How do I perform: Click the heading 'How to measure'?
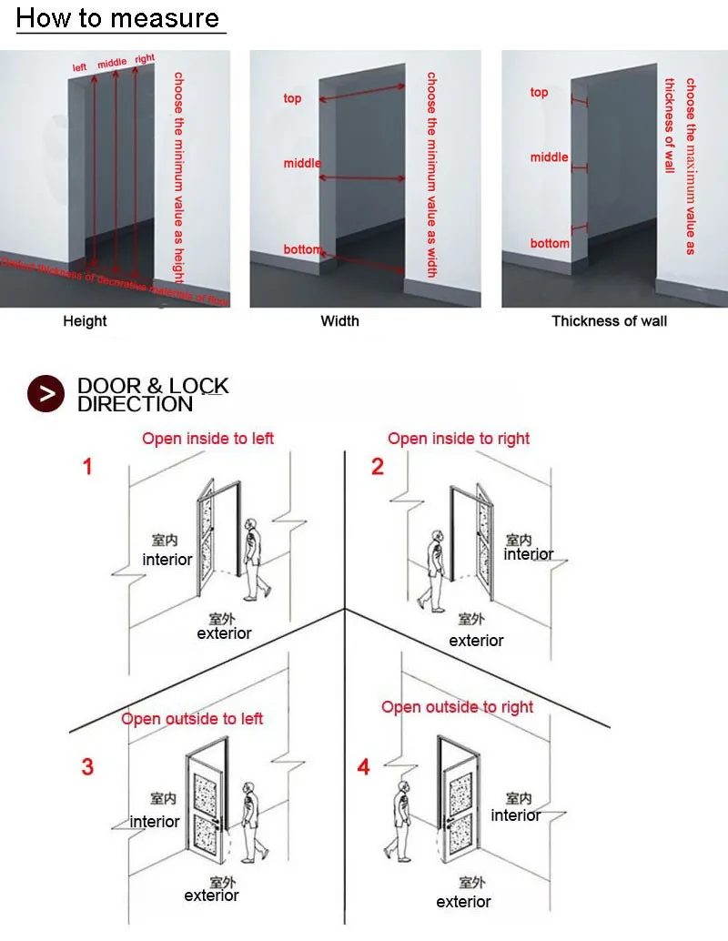[118, 18]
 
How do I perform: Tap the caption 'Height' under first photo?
[85, 321]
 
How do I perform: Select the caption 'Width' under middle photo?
[339, 321]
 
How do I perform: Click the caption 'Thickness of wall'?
[609, 321]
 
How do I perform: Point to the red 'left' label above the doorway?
[80, 66]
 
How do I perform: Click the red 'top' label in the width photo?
[292, 98]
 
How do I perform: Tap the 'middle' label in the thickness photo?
[549, 157]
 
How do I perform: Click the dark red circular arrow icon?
[46, 393]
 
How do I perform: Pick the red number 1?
[87, 468]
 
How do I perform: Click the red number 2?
[378, 468]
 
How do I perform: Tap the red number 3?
[87, 767]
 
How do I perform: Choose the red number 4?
[364, 767]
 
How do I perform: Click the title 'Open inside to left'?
[207, 439]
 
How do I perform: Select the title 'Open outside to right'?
[457, 707]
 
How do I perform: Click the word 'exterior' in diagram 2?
[476, 641]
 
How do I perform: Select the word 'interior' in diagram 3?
[155, 822]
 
